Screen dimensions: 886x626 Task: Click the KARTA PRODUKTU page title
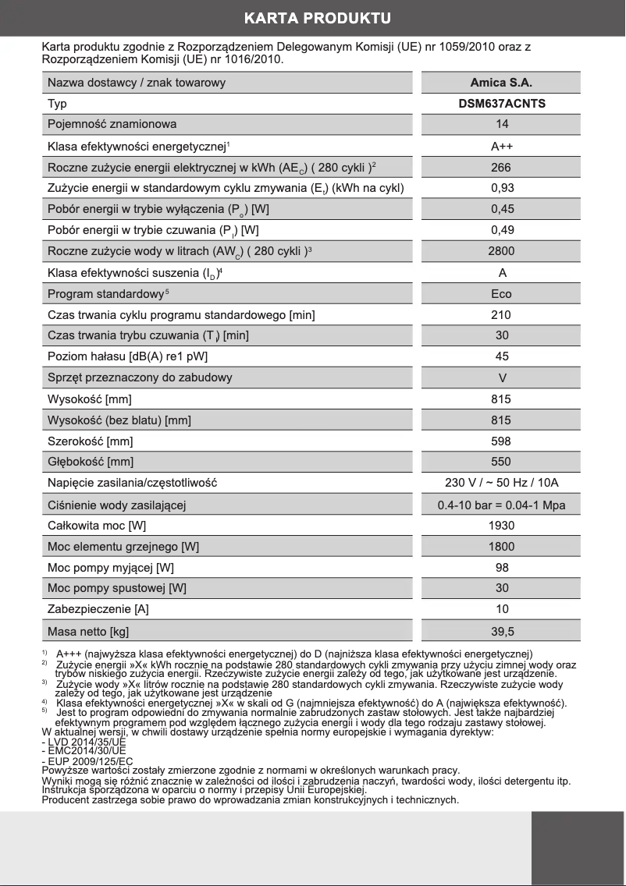coord(317,18)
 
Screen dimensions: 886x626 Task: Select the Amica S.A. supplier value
coord(501,83)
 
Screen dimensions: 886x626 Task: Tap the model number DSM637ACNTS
coord(501,104)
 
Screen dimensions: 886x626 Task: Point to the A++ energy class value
coord(501,146)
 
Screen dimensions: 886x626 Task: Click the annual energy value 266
coord(501,167)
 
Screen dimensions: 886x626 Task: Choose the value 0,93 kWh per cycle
coord(501,188)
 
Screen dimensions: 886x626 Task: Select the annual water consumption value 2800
coord(501,251)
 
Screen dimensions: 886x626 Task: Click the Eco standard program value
coord(501,294)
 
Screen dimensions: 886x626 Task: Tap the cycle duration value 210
coord(501,315)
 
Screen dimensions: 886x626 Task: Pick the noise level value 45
coord(501,356)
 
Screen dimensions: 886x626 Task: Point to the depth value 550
coord(501,462)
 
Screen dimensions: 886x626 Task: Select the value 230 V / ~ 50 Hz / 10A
coord(501,483)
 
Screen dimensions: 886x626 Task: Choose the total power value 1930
coord(501,526)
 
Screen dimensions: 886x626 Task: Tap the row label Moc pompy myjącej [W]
coord(111,568)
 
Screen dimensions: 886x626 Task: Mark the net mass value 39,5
coord(501,631)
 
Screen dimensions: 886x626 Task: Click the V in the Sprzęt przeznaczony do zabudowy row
coord(501,377)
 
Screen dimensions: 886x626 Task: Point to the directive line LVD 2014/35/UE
coord(84,742)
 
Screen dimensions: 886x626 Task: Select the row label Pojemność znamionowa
coord(112,124)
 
